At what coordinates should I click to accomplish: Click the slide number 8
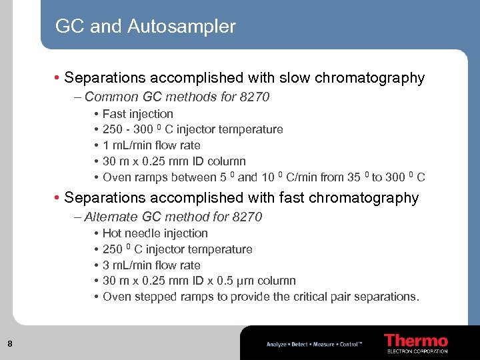[9, 344]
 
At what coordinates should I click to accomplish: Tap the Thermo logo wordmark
[416, 341]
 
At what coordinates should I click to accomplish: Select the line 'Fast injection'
[137, 114]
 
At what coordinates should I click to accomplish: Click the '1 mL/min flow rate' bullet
[151, 145]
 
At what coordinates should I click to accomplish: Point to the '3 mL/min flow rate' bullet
[151, 265]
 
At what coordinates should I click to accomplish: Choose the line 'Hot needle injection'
[155, 233]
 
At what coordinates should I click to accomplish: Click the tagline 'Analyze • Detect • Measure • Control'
[314, 345]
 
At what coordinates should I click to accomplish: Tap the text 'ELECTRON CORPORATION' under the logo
[417, 351]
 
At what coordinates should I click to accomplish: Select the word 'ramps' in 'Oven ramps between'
[151, 177]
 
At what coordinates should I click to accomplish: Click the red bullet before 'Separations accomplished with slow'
[58, 78]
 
